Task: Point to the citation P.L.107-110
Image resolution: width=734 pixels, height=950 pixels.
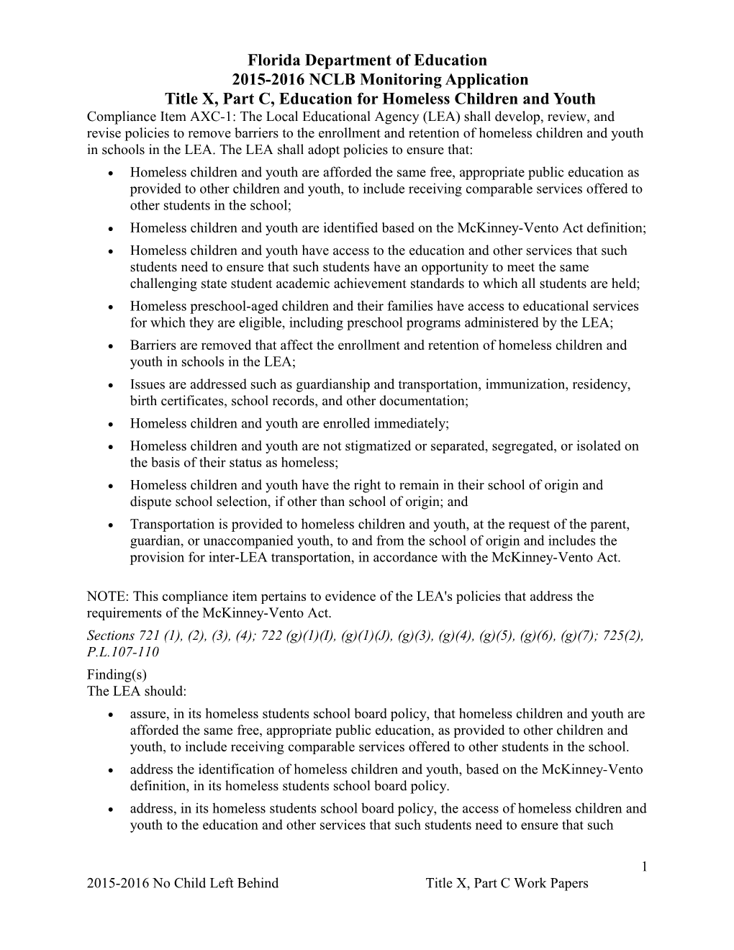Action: click(x=122, y=652)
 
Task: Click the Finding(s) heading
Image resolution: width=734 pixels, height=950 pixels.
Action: click(x=117, y=674)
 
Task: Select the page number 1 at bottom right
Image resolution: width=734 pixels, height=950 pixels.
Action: click(x=645, y=867)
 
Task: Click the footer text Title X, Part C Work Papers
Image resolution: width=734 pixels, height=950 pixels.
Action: click(x=507, y=883)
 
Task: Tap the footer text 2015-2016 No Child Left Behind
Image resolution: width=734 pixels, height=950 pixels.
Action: click(x=182, y=883)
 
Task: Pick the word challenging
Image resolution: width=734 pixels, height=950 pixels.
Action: click(x=163, y=284)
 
